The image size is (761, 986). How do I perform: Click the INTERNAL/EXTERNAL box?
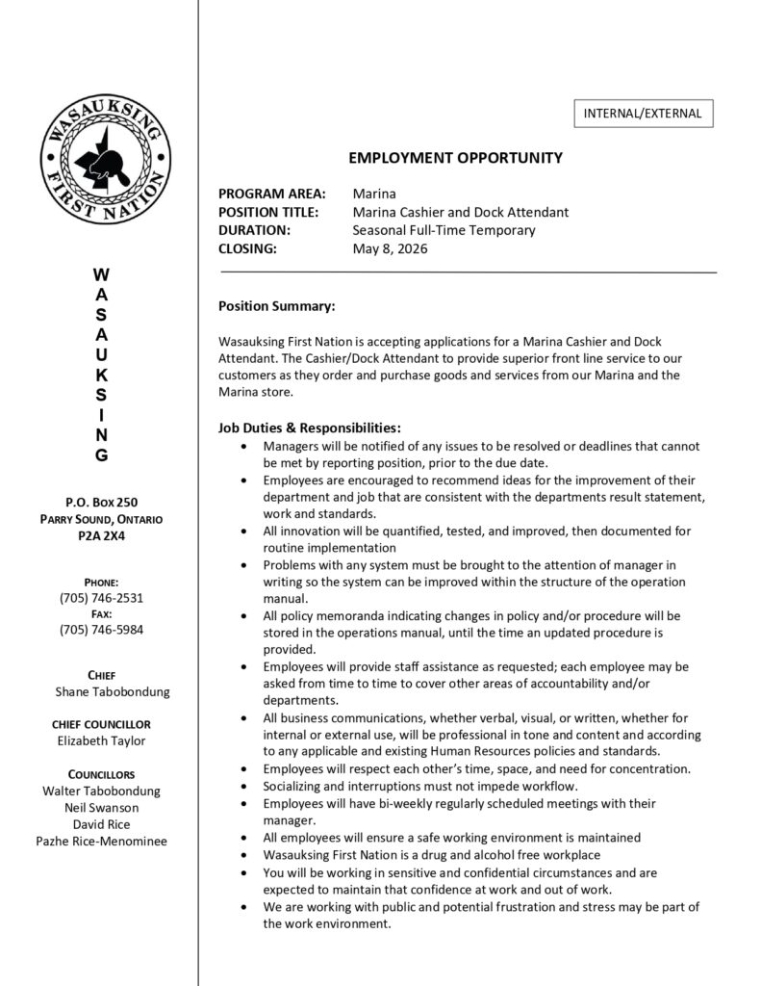coord(643,114)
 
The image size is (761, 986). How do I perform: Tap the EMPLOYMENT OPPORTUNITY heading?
coord(455,158)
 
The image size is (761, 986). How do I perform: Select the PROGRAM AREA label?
coord(272,194)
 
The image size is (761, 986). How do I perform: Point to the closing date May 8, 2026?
coord(390,248)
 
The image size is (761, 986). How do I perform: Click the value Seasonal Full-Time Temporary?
coord(444,230)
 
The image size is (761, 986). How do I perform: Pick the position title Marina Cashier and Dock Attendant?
coord(460,212)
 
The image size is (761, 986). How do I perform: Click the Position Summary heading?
coord(276,306)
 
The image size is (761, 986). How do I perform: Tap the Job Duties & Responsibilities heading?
coord(309,428)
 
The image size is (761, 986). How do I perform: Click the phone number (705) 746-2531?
coord(101,598)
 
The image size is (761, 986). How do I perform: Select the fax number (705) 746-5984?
coord(101,630)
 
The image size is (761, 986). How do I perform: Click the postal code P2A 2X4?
coord(101,536)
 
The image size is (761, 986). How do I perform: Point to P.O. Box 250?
coord(101,503)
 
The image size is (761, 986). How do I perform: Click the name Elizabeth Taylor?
coord(101,740)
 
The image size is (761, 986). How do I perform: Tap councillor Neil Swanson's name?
coord(101,808)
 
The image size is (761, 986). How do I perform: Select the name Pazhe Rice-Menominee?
coord(101,841)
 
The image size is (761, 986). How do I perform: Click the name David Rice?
coord(101,824)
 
